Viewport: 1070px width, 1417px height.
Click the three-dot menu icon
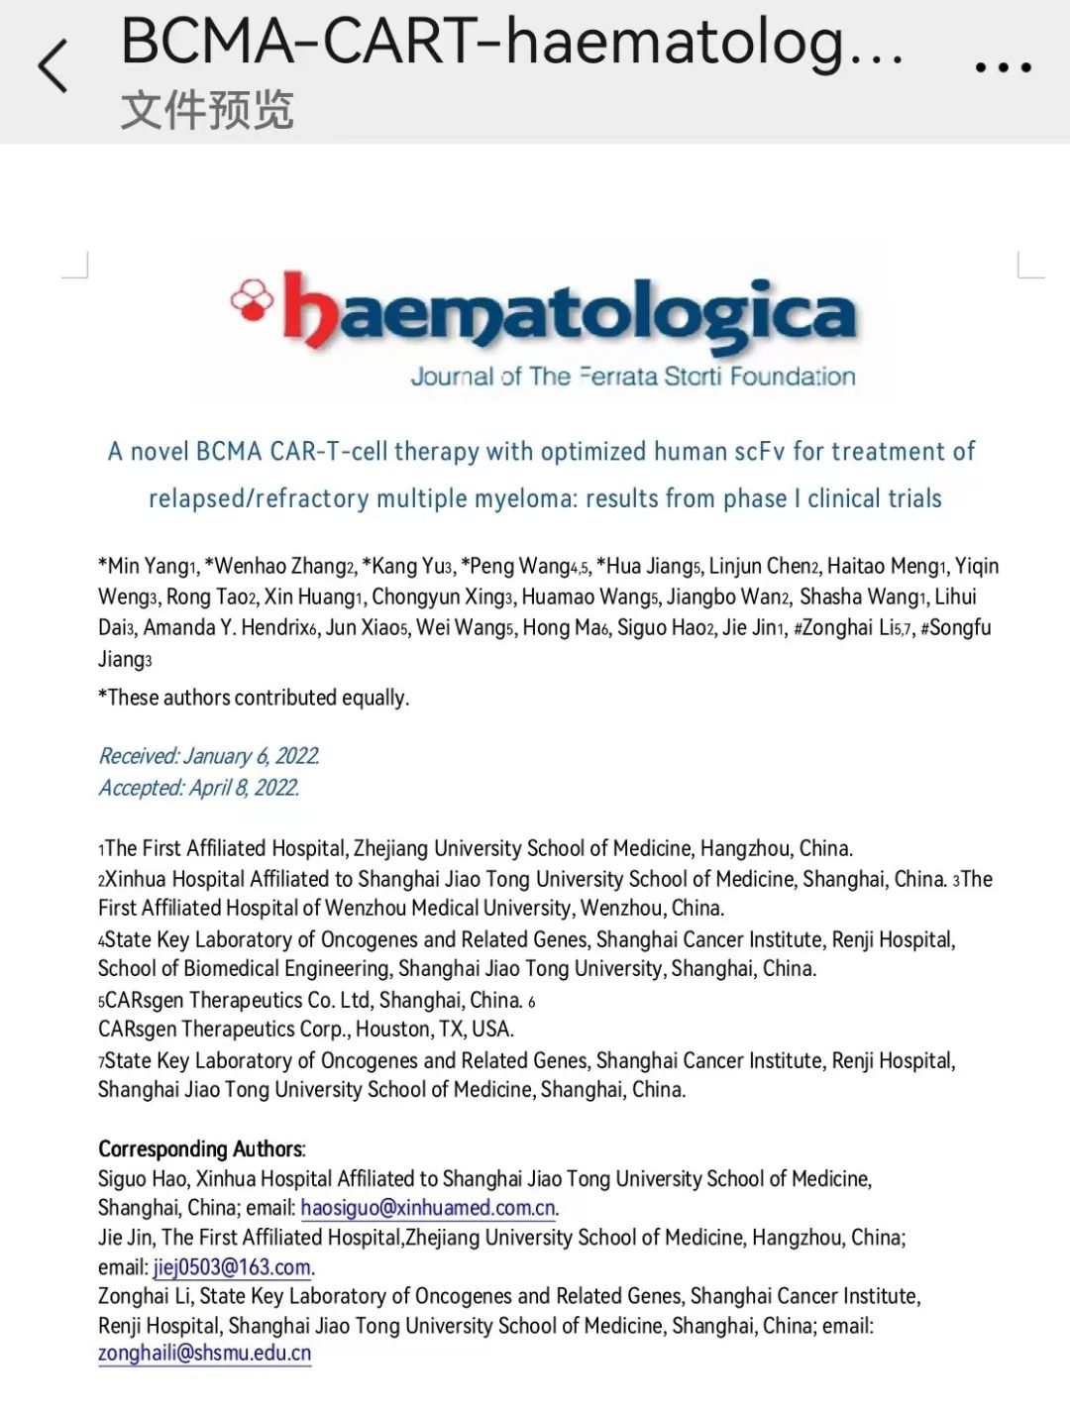tap(1003, 67)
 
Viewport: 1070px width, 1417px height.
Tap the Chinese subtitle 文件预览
tap(207, 110)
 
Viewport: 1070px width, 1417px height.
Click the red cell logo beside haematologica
tap(252, 299)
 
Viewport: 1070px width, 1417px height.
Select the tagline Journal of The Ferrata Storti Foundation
tap(632, 377)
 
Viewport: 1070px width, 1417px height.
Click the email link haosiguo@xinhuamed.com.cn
tap(428, 1208)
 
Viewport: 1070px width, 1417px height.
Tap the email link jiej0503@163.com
tap(232, 1267)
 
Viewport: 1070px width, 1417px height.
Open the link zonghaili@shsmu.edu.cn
tap(204, 1354)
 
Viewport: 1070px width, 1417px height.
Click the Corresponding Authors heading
tap(201, 1149)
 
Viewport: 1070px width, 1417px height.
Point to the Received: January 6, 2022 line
tap(208, 756)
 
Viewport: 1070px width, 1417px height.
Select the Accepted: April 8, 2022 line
tap(198, 788)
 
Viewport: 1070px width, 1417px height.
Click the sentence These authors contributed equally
tap(254, 698)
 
